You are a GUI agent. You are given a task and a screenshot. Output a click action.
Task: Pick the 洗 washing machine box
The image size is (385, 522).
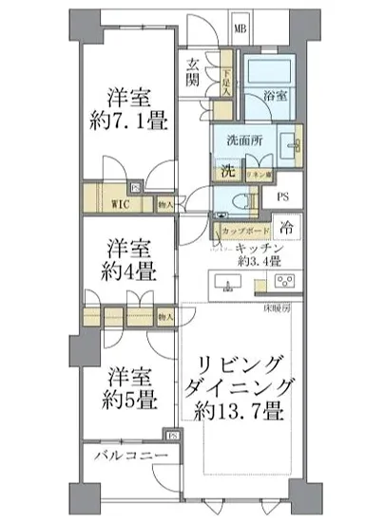pos(228,171)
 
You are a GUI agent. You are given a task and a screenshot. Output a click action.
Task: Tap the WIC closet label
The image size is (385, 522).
pos(118,202)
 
